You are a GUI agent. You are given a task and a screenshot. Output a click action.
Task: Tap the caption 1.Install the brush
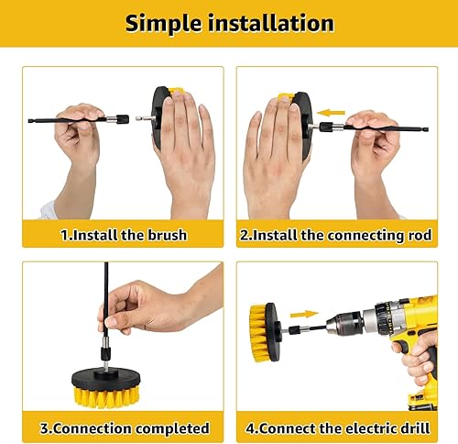click(124, 235)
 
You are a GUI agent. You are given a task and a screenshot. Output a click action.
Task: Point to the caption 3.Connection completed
click(124, 428)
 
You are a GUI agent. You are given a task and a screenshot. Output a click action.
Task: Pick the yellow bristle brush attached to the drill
click(263, 326)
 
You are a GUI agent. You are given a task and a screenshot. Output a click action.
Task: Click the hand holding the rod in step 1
click(78, 138)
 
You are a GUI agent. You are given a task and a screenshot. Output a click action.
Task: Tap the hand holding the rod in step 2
click(374, 138)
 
